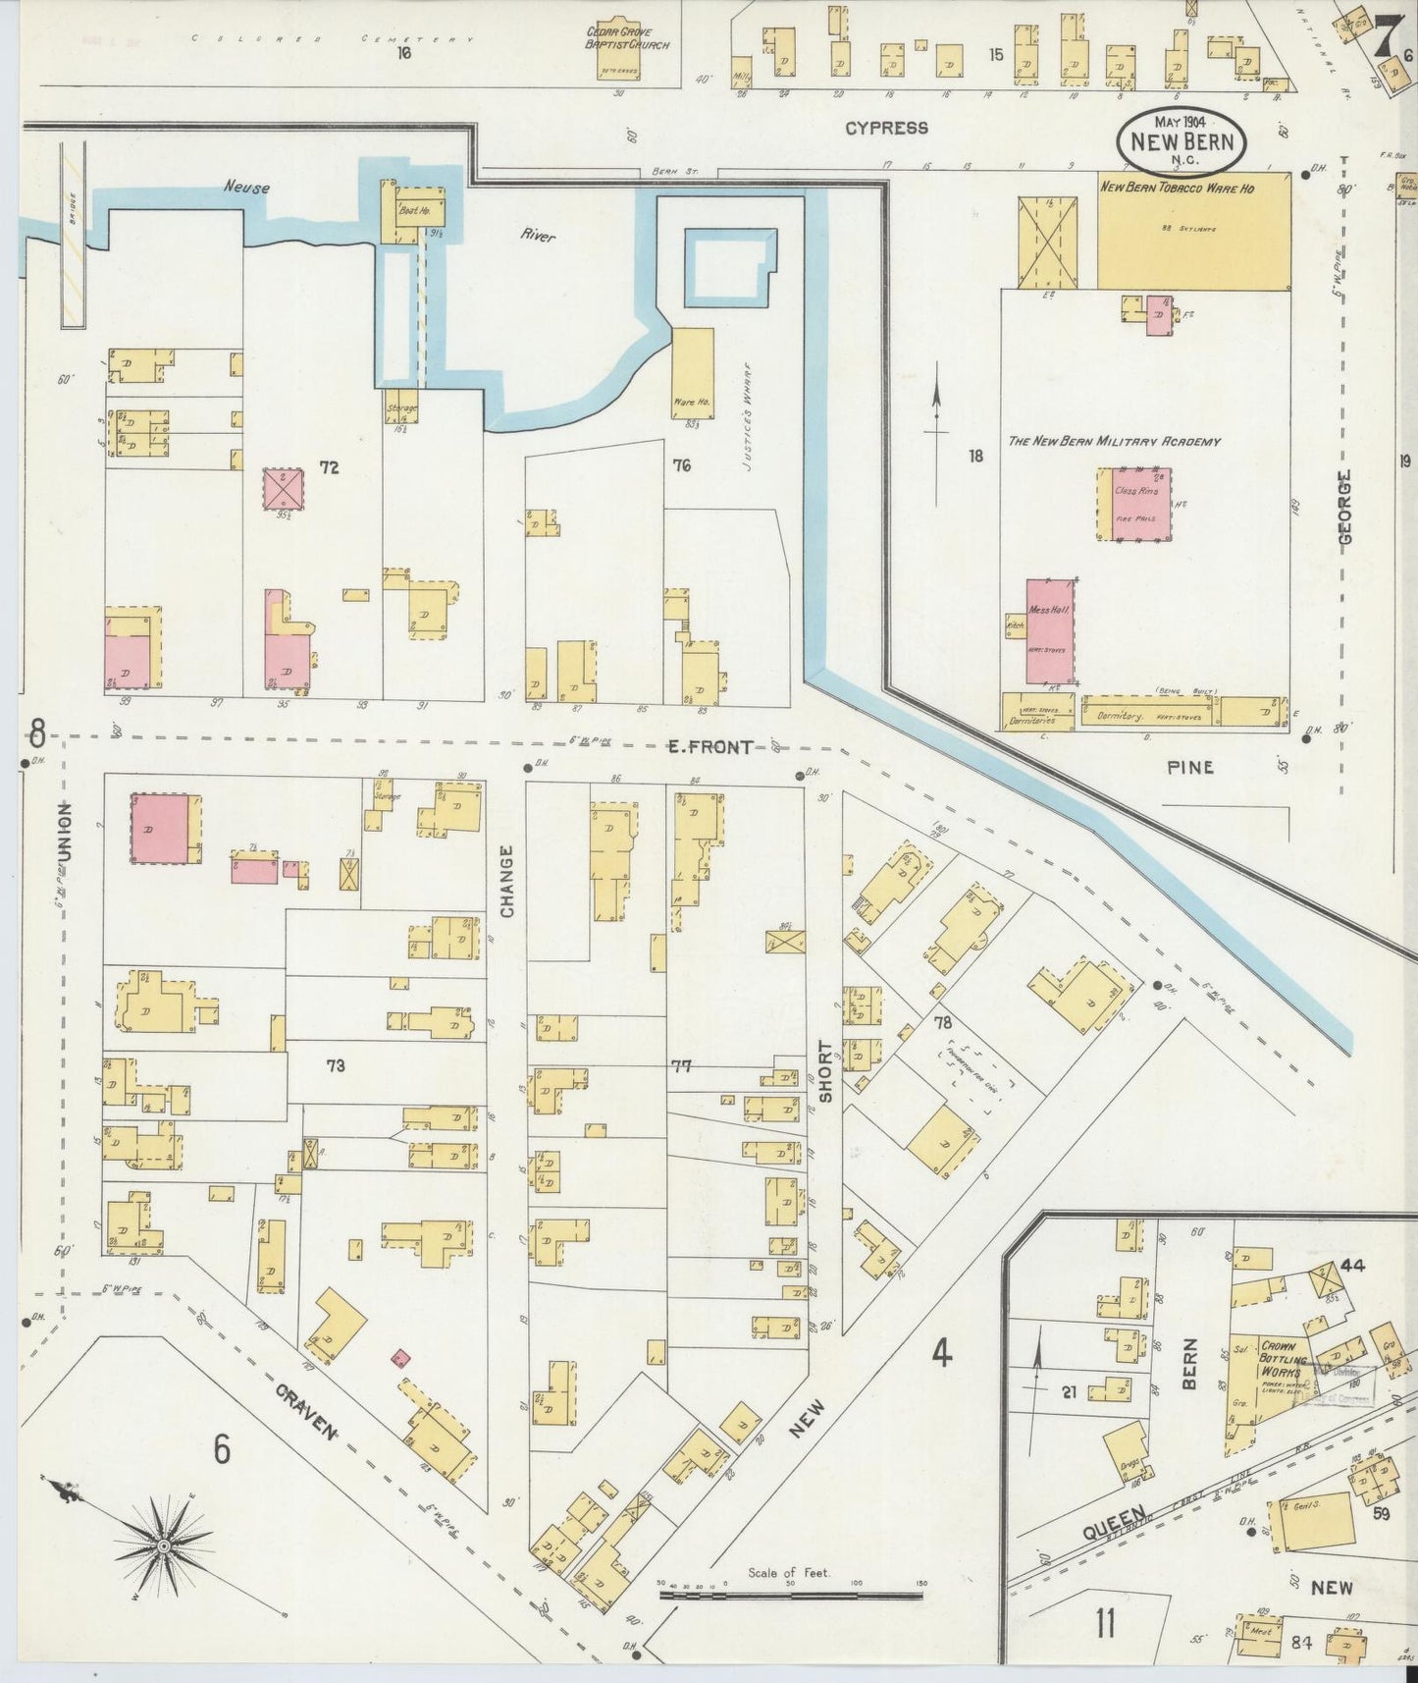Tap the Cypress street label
[x=887, y=128]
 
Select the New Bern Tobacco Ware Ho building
[x=1192, y=232]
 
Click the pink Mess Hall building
[x=1049, y=630]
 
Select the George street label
[x=1344, y=505]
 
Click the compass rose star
[x=164, y=1547]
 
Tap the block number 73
[x=336, y=1064]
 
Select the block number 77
[x=681, y=1065]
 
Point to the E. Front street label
[x=710, y=747]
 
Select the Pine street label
[x=1190, y=767]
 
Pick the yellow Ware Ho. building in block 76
[x=693, y=372]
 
